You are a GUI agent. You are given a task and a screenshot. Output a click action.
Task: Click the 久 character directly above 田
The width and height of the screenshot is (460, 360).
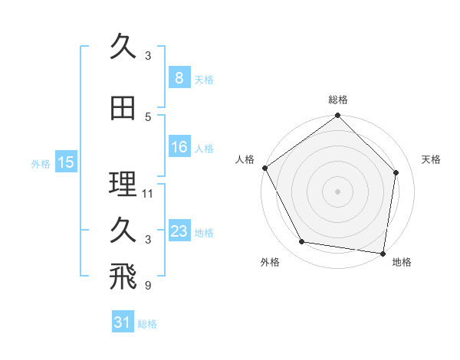122,47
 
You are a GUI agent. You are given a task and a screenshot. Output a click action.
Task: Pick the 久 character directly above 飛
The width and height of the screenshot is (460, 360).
122,230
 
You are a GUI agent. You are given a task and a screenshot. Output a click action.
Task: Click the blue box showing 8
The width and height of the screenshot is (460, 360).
179,77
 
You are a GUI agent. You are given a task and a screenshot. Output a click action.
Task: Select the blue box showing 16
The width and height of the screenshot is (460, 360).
179,147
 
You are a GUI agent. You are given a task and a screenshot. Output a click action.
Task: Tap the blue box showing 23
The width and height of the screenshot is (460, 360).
179,231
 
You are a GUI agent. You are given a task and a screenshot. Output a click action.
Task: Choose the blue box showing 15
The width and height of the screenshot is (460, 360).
65,162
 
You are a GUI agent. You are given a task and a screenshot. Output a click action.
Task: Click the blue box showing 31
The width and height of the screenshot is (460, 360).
122,322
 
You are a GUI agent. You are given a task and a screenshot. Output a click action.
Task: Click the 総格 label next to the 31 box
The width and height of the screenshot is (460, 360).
147,324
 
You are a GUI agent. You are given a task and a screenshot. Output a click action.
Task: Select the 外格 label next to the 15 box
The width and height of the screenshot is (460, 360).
40,163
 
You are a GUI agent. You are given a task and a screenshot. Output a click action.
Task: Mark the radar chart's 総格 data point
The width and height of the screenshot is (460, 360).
337,116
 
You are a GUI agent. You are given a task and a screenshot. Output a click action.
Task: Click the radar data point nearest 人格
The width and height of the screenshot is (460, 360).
264,168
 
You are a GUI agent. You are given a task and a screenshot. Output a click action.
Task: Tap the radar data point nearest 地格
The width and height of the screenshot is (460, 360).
383,252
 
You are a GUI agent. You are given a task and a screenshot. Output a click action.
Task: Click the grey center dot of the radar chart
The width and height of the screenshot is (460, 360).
337,191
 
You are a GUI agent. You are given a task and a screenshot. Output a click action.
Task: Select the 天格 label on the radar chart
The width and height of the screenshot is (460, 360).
431,159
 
